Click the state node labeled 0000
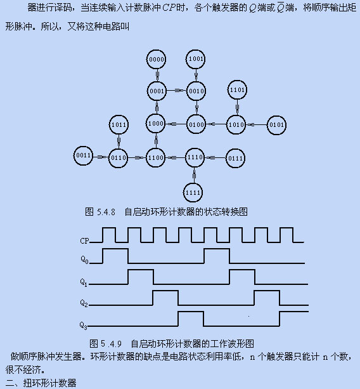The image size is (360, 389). (156, 59)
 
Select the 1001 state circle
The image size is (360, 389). (195, 59)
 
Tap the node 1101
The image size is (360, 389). (237, 90)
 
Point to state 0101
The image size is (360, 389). (276, 125)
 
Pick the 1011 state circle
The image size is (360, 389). (119, 124)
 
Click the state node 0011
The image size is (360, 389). (84, 155)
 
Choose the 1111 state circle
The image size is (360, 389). (193, 192)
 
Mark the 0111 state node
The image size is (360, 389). (235, 158)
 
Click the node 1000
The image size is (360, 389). (155, 124)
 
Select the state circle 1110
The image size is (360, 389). (195, 157)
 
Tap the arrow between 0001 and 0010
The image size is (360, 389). (176, 91)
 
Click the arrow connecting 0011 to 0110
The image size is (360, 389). (101, 157)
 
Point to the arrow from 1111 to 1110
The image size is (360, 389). (194, 175)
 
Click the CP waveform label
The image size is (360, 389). (84, 241)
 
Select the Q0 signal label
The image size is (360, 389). (84, 260)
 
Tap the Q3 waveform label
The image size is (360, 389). (84, 326)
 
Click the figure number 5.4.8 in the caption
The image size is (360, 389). (106, 212)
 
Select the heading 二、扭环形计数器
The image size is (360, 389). (41, 383)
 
